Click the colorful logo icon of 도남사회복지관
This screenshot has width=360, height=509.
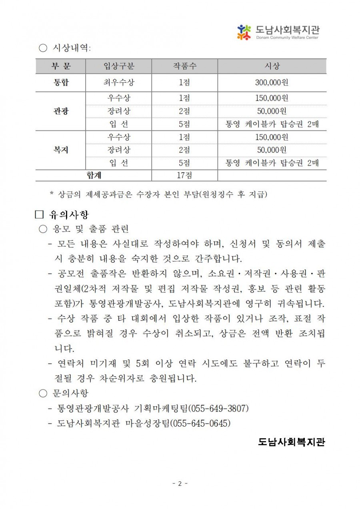pos(244,32)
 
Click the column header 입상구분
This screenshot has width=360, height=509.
pos(118,66)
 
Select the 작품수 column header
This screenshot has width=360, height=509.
pos(184,66)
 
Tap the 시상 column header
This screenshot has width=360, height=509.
pos(272,66)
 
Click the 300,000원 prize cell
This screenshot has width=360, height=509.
pos(272,83)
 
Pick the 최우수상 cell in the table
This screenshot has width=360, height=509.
pos(118,83)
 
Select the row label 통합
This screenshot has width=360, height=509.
pos(61,83)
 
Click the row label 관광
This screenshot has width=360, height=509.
pos(61,111)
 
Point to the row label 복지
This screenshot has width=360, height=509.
pos(61,150)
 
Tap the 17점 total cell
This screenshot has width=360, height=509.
pos(184,175)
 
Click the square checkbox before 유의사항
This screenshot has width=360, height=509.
pos(39,215)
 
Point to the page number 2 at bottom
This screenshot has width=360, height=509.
pos(180,483)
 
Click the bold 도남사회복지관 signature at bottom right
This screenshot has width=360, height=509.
pos(292,442)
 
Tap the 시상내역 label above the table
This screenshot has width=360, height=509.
pos(72,48)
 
